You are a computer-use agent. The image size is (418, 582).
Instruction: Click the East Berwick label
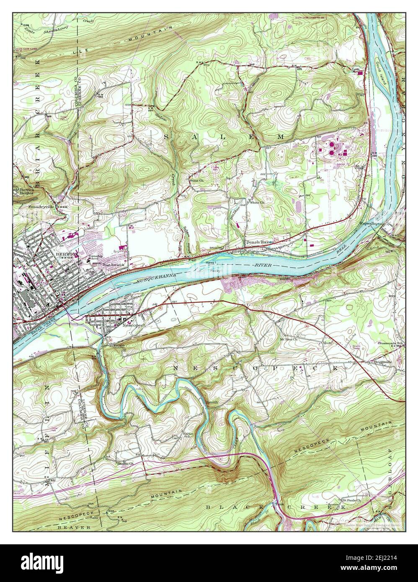tap(114, 265)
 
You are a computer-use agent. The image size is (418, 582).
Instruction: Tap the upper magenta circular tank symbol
tap(331, 144)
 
